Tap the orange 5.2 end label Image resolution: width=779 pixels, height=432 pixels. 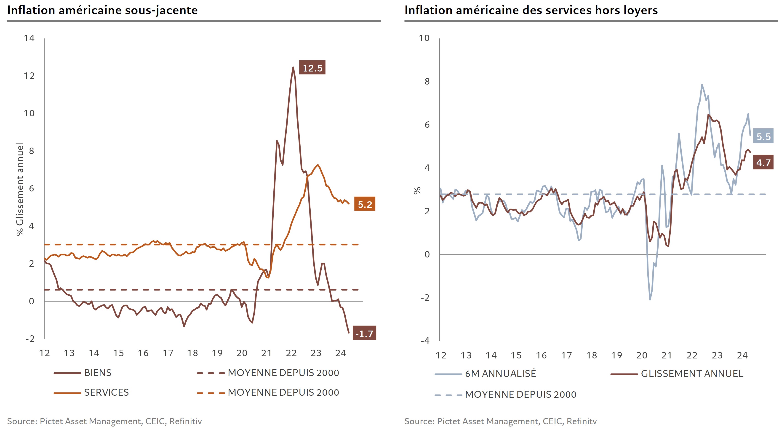click(x=365, y=204)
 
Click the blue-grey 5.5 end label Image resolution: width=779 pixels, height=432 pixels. click(x=763, y=136)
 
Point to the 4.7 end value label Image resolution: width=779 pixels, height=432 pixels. click(x=763, y=163)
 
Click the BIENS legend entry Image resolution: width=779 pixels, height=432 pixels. click(x=98, y=373)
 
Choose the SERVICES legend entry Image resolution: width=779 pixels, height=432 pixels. click(x=106, y=392)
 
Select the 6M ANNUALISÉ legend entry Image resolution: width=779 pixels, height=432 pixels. click(x=501, y=374)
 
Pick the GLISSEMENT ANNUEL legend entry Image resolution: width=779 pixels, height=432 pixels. click(x=692, y=374)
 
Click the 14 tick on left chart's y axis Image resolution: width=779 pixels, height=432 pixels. click(x=29, y=38)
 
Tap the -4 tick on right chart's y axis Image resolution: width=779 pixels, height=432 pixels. click(x=425, y=341)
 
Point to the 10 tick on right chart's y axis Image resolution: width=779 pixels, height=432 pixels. click(x=424, y=38)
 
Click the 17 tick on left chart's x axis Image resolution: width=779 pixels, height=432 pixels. click(x=168, y=353)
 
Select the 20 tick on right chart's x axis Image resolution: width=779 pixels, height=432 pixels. click(x=642, y=355)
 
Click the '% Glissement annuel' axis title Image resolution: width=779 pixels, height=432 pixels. click(x=20, y=189)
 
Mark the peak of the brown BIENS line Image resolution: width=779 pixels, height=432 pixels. click(x=293, y=67)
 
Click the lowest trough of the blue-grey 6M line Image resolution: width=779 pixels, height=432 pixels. click(x=650, y=299)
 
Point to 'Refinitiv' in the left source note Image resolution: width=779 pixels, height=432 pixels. click(x=185, y=421)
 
